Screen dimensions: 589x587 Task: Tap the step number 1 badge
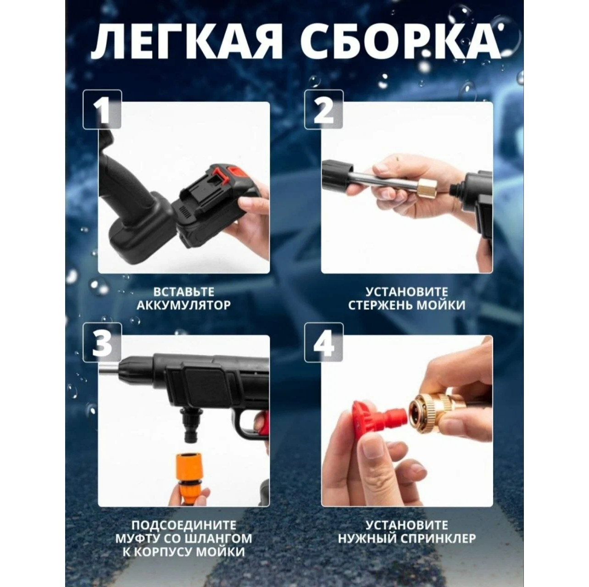102,110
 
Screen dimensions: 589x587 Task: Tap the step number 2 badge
324,110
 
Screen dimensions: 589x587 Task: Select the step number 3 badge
102,343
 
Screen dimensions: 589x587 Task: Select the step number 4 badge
324,343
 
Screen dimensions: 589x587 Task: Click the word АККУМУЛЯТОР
183,305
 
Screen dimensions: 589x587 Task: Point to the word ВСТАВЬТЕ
183,291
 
